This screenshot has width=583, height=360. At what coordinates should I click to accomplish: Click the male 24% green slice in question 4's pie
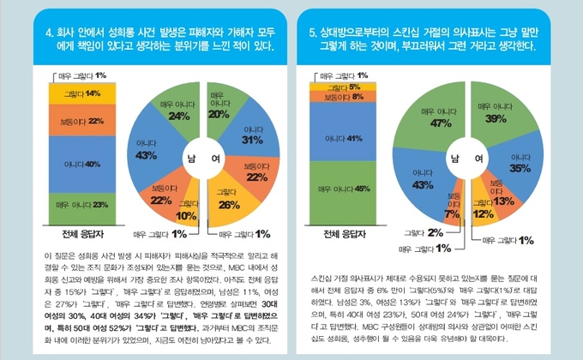(x=178, y=111)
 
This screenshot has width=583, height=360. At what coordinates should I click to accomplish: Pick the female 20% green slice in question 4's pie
(x=219, y=111)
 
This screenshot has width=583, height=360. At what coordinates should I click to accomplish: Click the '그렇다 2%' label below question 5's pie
(x=434, y=232)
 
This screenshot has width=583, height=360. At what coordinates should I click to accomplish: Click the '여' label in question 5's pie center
(x=478, y=159)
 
